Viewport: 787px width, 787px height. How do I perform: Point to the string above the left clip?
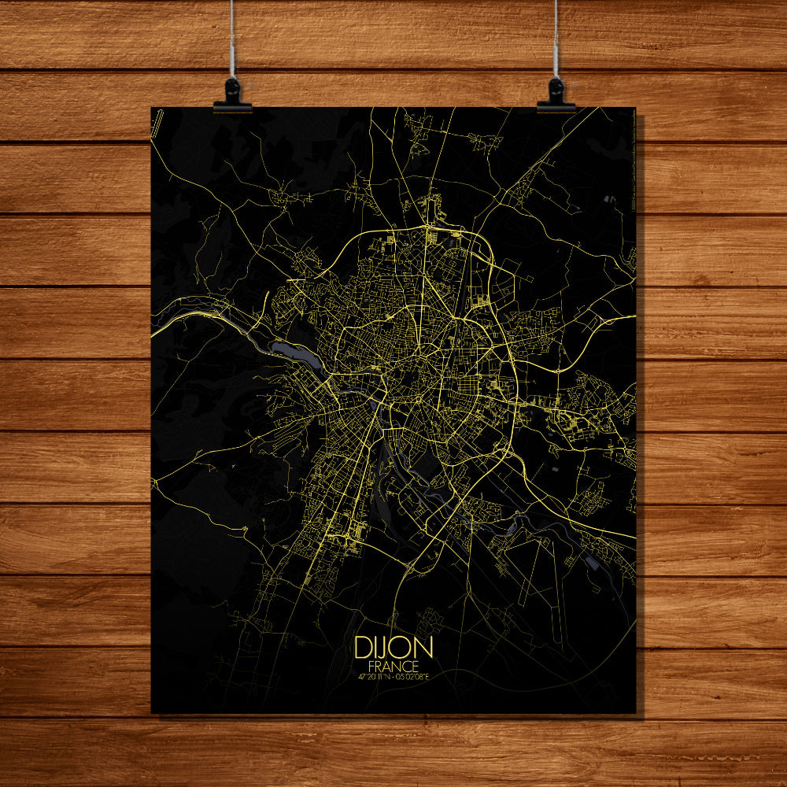point(231,39)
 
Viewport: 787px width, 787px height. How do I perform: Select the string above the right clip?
point(556,39)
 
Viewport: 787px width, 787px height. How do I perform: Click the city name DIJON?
point(393,648)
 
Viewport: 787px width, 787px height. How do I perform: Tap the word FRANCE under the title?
point(393,666)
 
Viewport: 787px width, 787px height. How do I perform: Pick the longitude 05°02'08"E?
point(415,676)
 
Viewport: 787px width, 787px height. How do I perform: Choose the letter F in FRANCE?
point(371,666)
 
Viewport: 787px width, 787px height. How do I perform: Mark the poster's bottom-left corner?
point(152,712)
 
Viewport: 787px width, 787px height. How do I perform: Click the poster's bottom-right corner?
point(634,712)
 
